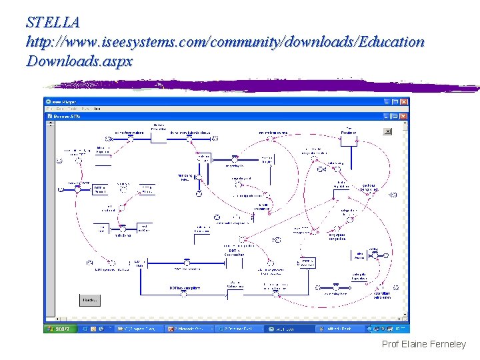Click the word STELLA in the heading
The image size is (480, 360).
(53, 22)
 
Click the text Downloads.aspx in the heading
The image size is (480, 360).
(79, 61)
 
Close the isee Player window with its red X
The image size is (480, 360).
(404, 101)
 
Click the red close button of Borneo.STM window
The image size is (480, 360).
(404, 116)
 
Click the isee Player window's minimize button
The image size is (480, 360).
(387, 101)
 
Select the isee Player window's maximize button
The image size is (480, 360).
(395, 101)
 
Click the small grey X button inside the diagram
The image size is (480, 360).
(387, 132)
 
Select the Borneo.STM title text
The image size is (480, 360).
(67, 116)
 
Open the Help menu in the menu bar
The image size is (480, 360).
(97, 109)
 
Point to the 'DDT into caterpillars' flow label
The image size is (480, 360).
(184, 288)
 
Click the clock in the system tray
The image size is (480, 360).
(401, 329)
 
